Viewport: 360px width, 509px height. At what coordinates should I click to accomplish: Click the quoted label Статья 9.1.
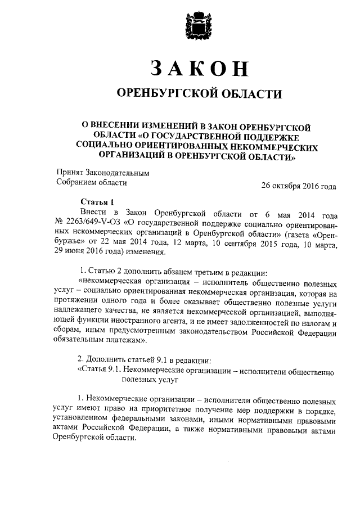(100, 372)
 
